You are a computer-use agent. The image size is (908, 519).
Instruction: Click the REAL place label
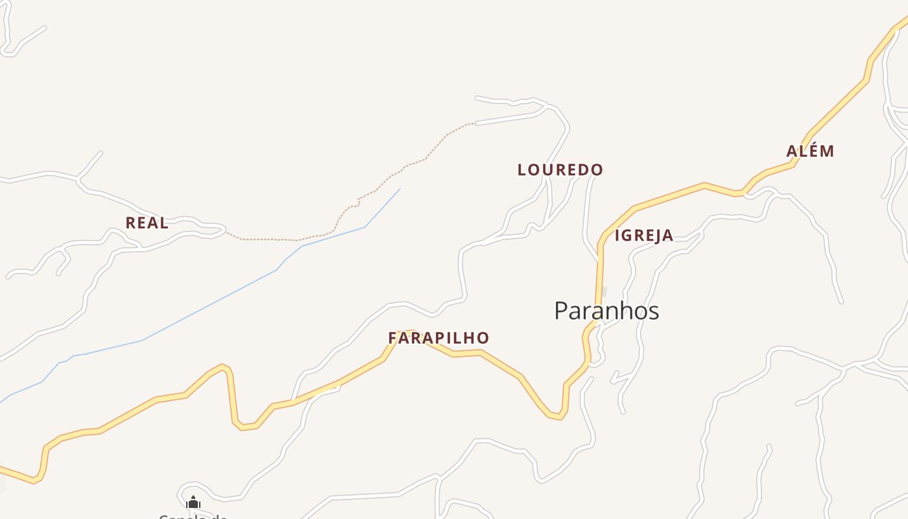(147, 223)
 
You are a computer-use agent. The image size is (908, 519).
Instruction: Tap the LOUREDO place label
(560, 170)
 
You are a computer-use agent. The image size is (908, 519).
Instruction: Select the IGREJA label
(644, 235)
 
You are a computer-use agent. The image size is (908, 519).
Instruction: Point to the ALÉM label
(810, 151)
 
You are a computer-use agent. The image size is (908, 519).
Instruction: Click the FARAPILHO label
(438, 338)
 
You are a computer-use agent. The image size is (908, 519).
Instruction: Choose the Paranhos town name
(606, 311)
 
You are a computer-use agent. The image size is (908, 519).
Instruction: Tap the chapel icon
(193, 502)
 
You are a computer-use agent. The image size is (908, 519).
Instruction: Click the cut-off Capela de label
(193, 516)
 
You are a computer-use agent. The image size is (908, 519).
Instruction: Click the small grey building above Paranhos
(604, 292)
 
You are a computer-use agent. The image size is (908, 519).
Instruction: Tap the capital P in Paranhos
(562, 311)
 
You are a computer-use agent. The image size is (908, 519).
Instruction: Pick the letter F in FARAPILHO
(392, 338)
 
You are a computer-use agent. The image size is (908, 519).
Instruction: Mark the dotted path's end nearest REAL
(226, 232)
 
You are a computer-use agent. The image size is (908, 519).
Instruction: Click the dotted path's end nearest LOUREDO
(475, 123)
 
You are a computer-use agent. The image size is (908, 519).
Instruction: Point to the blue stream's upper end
(400, 189)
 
